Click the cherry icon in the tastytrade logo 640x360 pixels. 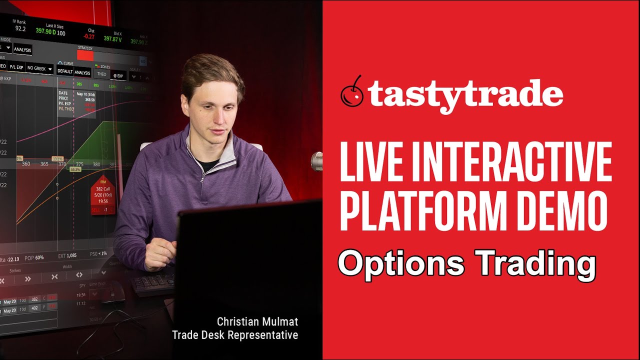point(352,92)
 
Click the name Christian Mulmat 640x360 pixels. point(257,321)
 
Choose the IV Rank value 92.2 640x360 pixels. point(20,29)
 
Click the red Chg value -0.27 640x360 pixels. point(89,36)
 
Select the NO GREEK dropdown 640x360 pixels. point(39,68)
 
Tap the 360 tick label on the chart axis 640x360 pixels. point(26,164)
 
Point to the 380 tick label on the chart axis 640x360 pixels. point(96,164)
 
